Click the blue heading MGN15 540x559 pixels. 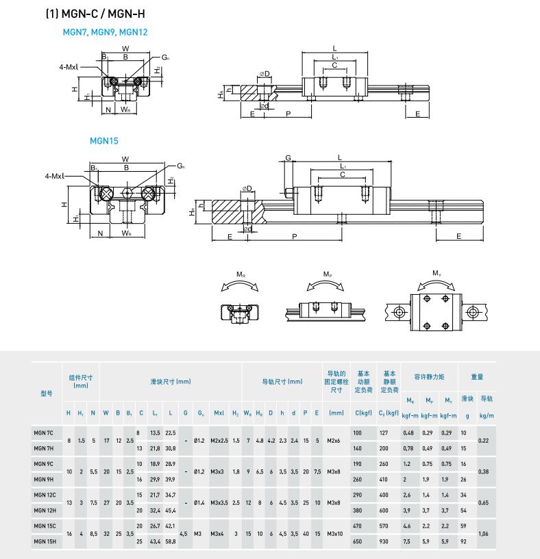click(104, 141)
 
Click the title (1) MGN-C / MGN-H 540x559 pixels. click(95, 13)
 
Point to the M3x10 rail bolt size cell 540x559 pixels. click(336, 532)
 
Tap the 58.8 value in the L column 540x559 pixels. click(170, 541)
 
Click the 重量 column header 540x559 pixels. click(477, 376)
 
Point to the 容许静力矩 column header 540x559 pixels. click(429, 376)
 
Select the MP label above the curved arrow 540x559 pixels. click(328, 274)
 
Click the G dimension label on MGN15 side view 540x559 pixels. click(289, 158)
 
